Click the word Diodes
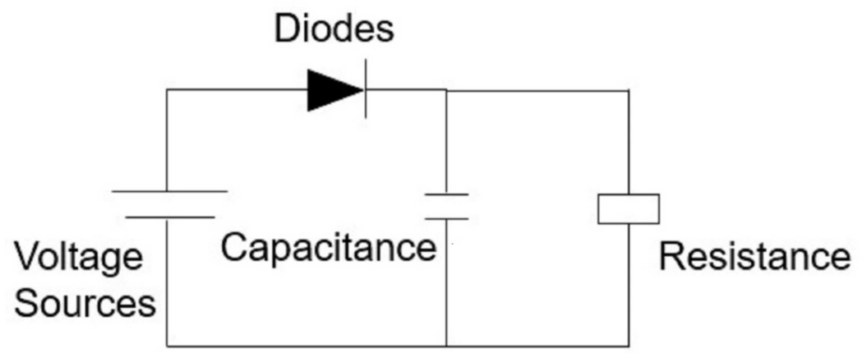334,30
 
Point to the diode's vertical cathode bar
366,89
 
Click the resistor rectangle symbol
628,209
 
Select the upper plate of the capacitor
447,194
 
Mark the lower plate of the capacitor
447,219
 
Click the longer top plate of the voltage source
170,191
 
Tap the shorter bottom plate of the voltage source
170,218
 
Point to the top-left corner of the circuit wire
167,90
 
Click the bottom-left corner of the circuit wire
167,346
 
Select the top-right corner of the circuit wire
628,91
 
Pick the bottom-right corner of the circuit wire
629,346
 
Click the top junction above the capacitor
447,90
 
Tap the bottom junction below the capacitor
447,346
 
